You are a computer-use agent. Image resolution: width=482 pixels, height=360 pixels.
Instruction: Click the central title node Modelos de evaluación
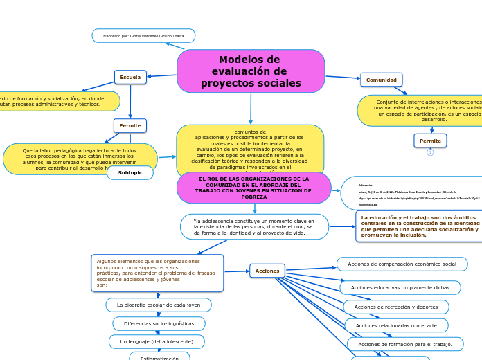tap(251, 71)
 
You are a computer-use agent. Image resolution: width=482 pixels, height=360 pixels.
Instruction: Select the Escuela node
tap(130, 77)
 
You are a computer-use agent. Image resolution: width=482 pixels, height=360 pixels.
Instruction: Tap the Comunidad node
tap(381, 80)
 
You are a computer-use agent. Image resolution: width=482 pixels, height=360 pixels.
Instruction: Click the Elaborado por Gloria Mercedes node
tap(143, 35)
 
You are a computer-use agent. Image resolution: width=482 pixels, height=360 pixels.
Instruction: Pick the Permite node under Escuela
tap(130, 125)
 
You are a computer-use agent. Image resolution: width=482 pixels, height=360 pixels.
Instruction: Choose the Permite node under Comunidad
tap(430, 141)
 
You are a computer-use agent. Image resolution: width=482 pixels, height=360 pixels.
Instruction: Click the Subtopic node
tap(130, 172)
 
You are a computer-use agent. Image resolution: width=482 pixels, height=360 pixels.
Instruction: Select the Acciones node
tap(267, 271)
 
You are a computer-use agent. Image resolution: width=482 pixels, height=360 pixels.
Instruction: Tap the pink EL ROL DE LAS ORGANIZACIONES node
tap(254, 188)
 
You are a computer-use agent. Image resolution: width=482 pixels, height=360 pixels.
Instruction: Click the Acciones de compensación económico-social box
tap(402, 264)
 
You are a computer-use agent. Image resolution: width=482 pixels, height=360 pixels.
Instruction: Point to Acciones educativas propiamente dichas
tap(400, 287)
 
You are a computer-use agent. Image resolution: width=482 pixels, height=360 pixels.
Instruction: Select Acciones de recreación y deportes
tap(395, 307)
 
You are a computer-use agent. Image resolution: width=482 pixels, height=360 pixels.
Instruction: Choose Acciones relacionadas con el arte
tap(396, 325)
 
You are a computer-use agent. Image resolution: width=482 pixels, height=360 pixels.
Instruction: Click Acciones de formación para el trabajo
tap(404, 344)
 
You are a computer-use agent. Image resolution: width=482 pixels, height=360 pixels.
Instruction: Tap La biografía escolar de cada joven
tap(159, 305)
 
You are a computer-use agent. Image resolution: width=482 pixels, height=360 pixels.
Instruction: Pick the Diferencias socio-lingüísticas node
tap(159, 323)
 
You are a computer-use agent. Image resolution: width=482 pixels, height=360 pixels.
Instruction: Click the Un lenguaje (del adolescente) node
tap(157, 341)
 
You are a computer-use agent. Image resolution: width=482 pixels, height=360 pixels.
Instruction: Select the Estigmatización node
tap(159, 357)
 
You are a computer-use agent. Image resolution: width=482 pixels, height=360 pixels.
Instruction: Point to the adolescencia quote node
tap(254, 226)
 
